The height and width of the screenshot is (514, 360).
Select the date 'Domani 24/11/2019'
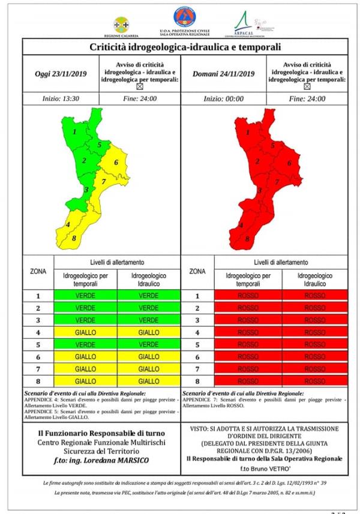[223, 74]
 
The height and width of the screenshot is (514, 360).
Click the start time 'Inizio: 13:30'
[59, 99]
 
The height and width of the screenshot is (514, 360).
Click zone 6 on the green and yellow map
[115, 163]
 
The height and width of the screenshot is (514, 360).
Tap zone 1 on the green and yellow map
[74, 131]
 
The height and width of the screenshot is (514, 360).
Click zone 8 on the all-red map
[247, 239]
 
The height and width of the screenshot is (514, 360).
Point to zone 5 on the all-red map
[272, 145]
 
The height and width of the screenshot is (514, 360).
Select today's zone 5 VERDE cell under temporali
[86, 345]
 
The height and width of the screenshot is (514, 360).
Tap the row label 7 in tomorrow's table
[197, 369]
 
